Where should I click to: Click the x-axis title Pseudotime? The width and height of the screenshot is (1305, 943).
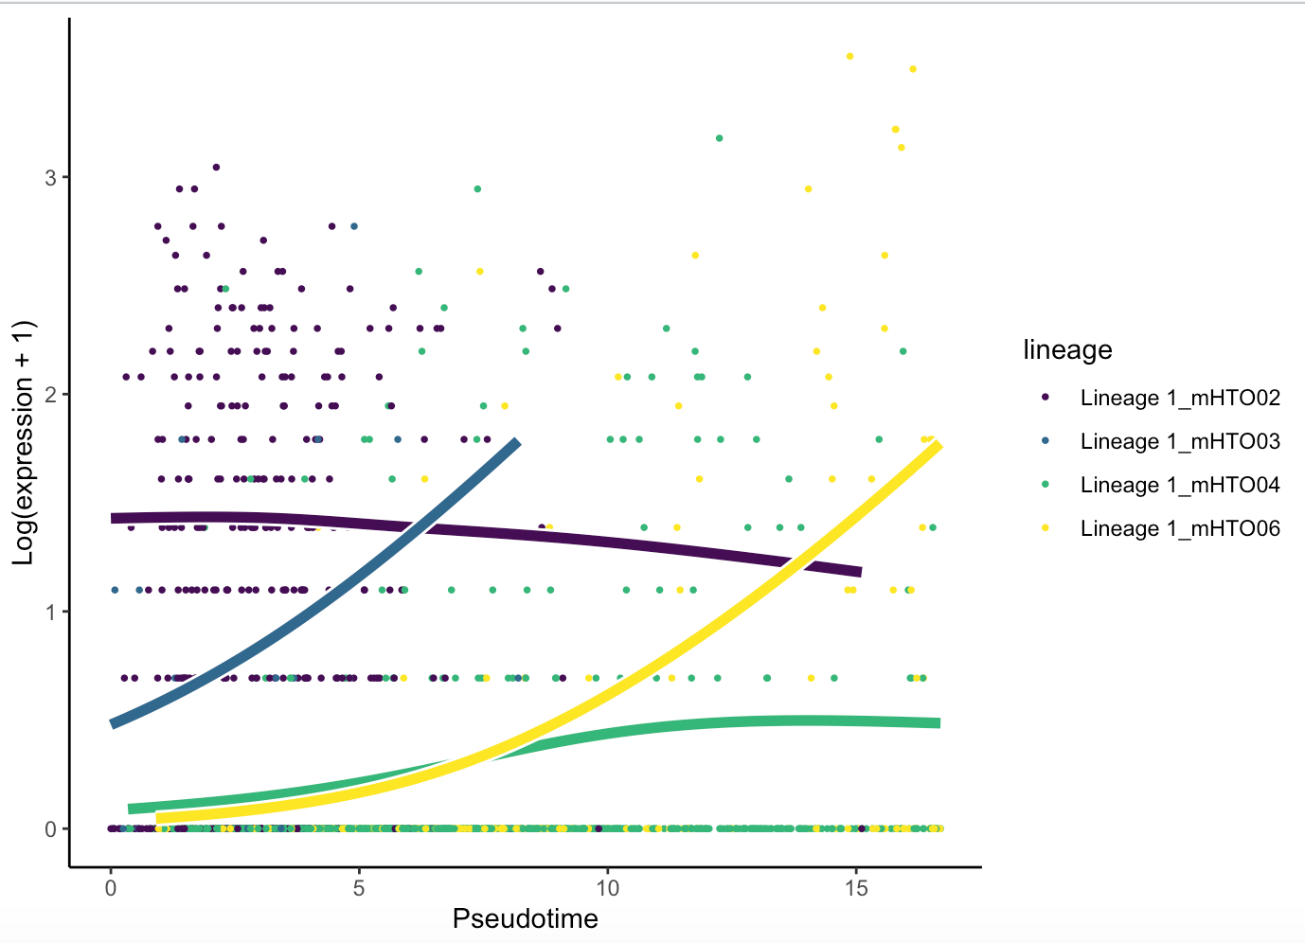pyautogui.click(x=525, y=918)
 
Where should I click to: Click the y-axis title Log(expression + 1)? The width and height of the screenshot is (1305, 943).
pyautogui.click(x=23, y=443)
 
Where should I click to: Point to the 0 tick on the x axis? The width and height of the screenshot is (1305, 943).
pyautogui.click(x=111, y=889)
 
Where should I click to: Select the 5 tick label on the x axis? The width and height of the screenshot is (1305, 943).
pyautogui.click(x=359, y=889)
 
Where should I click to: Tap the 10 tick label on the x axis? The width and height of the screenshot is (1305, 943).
pyautogui.click(x=607, y=889)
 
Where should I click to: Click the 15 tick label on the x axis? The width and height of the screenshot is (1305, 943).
pyautogui.click(x=855, y=889)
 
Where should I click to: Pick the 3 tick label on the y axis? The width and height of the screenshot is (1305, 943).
pyautogui.click(x=50, y=177)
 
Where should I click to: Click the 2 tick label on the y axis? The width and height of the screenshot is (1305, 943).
pyautogui.click(x=50, y=394)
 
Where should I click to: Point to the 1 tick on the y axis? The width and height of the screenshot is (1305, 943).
pyautogui.click(x=50, y=612)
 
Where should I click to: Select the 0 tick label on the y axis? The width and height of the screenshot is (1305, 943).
pyautogui.click(x=50, y=828)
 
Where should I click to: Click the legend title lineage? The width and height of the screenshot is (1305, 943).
pyautogui.click(x=1067, y=350)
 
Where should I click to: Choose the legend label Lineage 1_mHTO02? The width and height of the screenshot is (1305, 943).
pyautogui.click(x=1180, y=398)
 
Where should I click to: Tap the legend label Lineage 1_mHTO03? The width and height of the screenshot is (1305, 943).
pyautogui.click(x=1180, y=441)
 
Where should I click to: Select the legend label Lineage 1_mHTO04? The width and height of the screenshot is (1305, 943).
pyautogui.click(x=1180, y=485)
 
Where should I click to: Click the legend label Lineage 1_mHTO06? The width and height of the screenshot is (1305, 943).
pyautogui.click(x=1180, y=528)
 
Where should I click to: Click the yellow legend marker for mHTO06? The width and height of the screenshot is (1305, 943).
pyautogui.click(x=1045, y=528)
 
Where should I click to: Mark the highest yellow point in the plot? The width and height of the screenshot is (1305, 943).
pyautogui.click(x=849, y=57)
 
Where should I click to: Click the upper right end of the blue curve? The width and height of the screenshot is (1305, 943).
pyautogui.click(x=516, y=442)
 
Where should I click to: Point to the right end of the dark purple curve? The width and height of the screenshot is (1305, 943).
pyautogui.click(x=859, y=572)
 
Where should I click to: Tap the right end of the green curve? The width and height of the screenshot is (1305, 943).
pyautogui.click(x=938, y=723)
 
